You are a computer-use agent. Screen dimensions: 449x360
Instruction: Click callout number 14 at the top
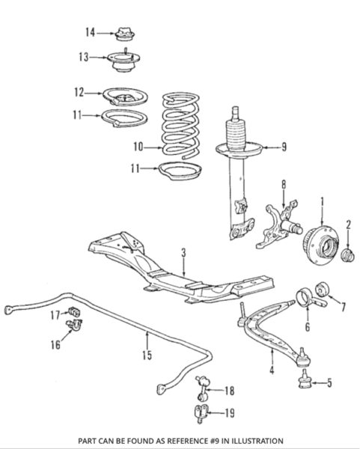tap(90, 31)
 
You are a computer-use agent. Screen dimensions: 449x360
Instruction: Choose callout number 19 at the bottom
tap(229, 412)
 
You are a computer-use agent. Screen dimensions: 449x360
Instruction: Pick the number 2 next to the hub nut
tap(349, 224)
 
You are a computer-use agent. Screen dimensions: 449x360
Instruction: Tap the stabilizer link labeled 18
tap(200, 389)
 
